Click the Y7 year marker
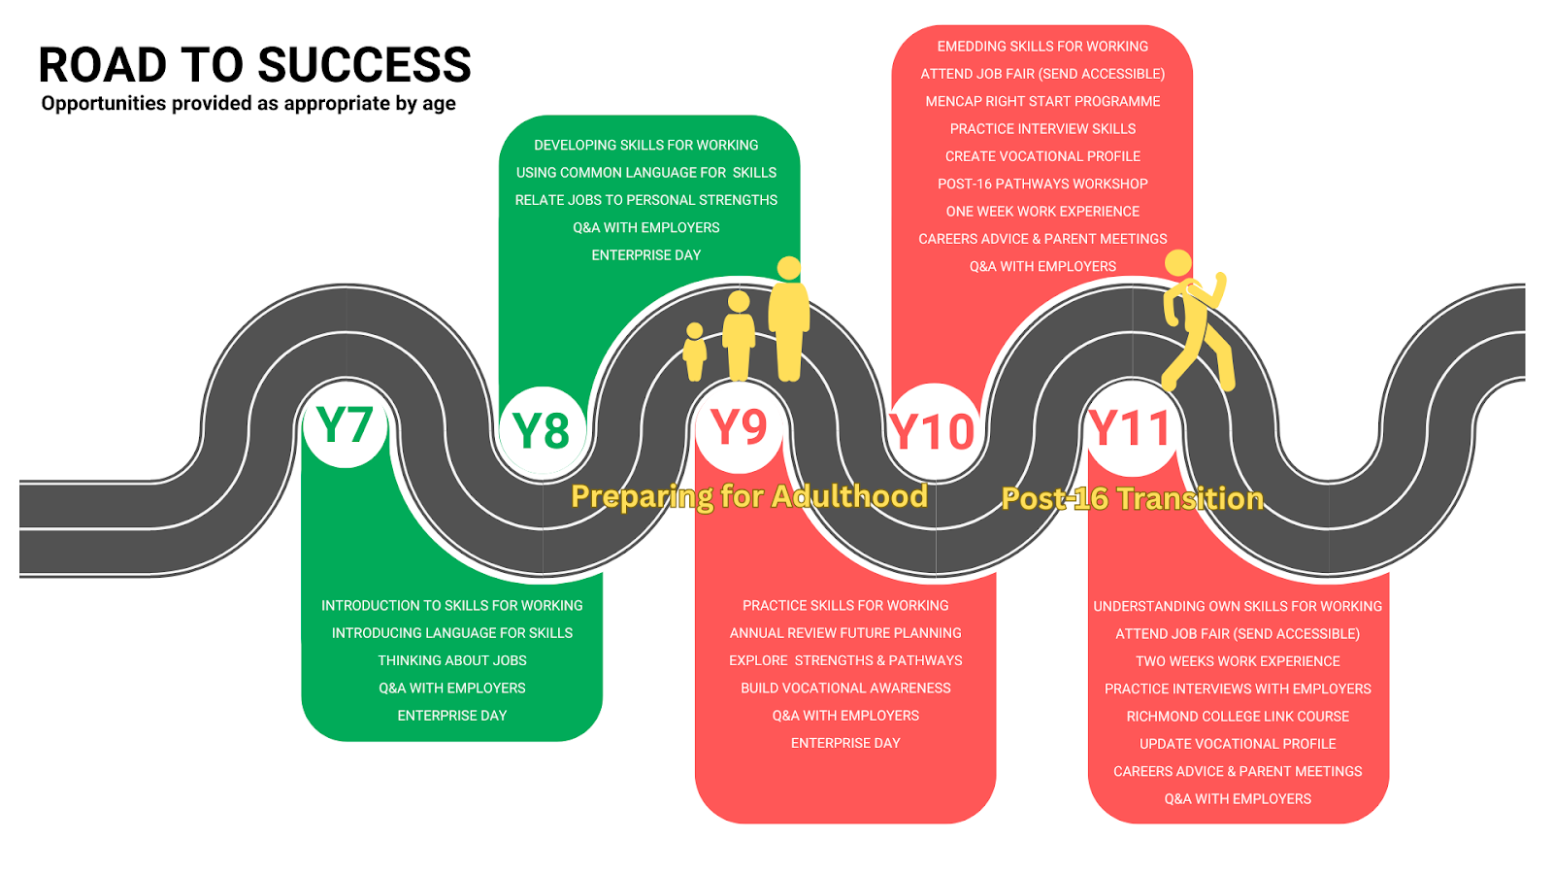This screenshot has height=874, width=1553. point(345,425)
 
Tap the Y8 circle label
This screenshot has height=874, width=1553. point(541,430)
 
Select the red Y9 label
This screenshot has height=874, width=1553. point(739,426)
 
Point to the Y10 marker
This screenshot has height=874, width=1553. point(932,432)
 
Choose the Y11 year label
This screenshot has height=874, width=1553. point(1129,428)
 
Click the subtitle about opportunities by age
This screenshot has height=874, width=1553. point(248,104)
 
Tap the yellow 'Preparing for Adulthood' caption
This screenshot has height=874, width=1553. point(748,496)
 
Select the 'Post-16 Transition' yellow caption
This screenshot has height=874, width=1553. point(1132,498)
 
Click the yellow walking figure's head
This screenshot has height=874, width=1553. point(1177,263)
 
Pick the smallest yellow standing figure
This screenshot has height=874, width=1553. point(695,352)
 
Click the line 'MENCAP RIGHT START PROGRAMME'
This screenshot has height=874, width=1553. point(1042,101)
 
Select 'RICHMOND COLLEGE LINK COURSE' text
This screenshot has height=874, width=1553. point(1238,717)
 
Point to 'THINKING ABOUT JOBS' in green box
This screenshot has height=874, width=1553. point(452,660)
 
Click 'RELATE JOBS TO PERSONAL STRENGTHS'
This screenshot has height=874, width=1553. point(646,200)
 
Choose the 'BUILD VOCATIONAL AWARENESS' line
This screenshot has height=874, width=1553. point(845,689)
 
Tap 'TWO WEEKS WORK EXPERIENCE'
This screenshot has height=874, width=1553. point(1238,661)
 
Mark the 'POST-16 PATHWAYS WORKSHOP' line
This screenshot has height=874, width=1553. point(1042,184)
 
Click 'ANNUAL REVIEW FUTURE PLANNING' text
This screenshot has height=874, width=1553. point(845,633)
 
